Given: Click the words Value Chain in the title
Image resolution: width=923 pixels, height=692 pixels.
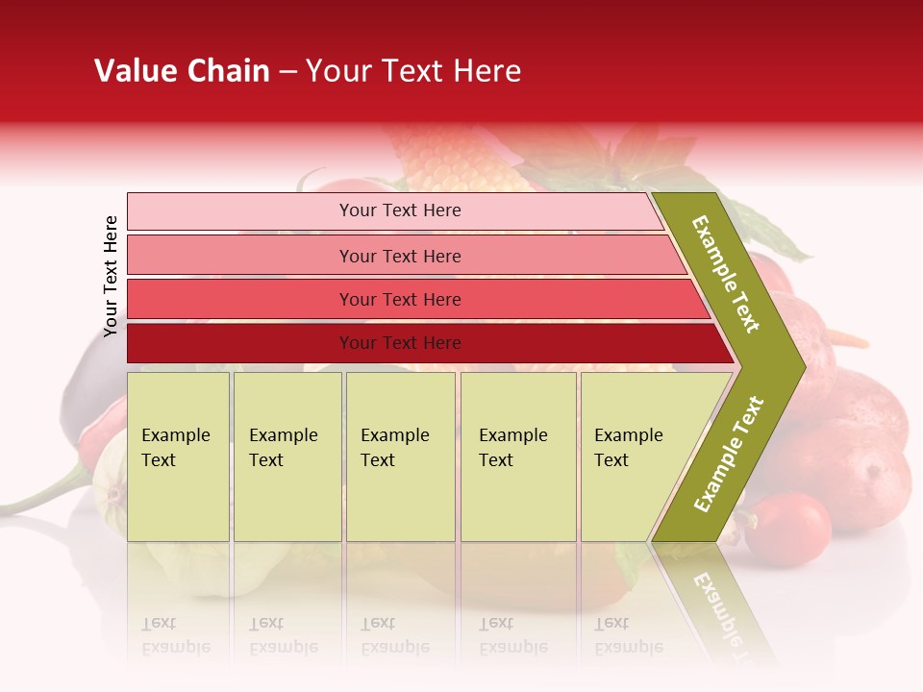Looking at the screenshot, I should (182, 71).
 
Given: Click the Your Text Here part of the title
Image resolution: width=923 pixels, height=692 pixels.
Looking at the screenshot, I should (413, 71).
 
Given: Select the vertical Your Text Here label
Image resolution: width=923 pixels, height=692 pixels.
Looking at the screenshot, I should (111, 276).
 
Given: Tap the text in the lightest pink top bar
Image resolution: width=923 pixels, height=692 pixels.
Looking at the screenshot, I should (400, 210).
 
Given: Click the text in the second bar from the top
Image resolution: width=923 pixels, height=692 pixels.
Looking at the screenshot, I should (400, 256).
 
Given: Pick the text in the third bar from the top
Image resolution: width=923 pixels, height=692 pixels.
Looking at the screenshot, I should (400, 300).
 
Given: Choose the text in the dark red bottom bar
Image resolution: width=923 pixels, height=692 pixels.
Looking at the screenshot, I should (400, 343).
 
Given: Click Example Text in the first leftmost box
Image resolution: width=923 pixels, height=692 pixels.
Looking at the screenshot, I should (175, 448).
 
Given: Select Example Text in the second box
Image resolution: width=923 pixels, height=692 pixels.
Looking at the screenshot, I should (283, 448).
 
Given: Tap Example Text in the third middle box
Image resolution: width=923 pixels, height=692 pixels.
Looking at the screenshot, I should (394, 448).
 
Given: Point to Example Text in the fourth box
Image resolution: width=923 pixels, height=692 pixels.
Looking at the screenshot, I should (512, 448).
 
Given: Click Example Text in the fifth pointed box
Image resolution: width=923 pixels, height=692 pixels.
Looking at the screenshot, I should (628, 448).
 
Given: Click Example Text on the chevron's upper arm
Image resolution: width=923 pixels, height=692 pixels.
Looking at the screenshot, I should (726, 274).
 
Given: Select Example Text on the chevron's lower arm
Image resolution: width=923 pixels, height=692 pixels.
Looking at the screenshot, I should (729, 454).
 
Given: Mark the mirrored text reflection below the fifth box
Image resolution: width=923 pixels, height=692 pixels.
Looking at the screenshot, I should (628, 635).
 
